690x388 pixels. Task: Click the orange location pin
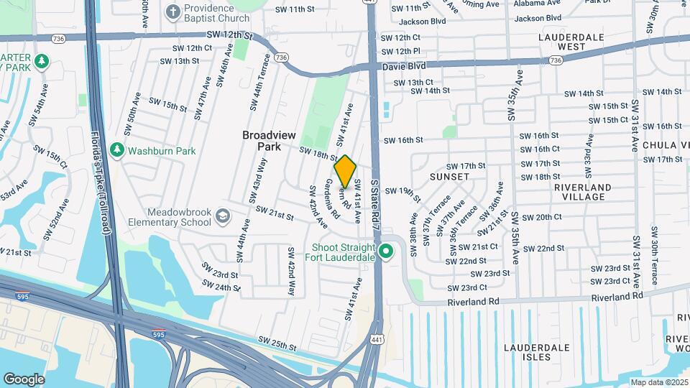345,171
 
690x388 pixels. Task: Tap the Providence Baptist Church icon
172,11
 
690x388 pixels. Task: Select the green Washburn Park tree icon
117,150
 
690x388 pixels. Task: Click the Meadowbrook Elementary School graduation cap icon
223,215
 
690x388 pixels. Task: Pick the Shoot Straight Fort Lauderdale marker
386,251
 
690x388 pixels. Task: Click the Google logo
24,379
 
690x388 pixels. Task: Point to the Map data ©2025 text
658,382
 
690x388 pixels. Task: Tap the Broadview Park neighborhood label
269,140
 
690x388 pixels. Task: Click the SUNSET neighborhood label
449,176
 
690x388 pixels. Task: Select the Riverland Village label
583,192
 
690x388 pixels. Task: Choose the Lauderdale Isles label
537,352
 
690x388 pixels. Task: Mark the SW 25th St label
277,347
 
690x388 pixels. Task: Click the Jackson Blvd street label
420,21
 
